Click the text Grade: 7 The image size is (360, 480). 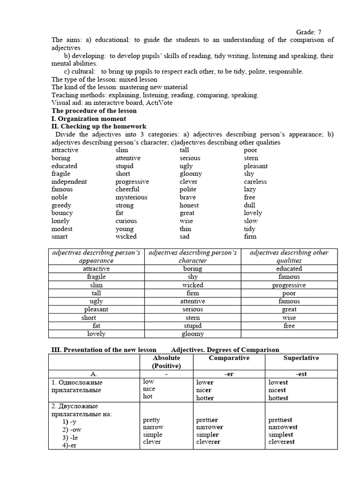308,32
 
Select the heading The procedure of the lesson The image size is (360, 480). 94,111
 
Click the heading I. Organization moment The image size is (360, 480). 88,119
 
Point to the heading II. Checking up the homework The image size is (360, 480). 98,127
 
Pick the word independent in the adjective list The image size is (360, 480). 69,181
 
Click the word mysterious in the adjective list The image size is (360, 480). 131,197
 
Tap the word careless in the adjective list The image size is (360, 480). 255,181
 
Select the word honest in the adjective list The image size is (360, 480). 189,205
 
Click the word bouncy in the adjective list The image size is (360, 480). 62,213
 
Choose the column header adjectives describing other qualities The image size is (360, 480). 289,256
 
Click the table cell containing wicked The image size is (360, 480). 193,285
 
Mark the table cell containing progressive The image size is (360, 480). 289,285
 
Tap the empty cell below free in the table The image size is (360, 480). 289,334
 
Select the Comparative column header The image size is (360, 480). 229,358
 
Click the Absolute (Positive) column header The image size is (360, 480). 166,362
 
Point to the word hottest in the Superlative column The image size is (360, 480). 278,398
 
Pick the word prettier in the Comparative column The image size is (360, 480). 207,420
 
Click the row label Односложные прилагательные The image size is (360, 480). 77,386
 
